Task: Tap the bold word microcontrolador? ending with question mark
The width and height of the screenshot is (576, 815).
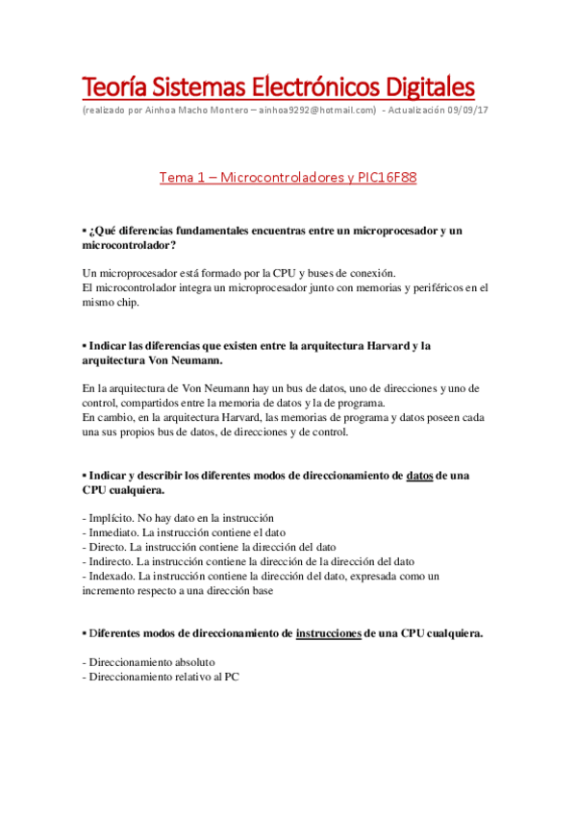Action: [x=137, y=246]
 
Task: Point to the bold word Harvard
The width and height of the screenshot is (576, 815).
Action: [x=384, y=345]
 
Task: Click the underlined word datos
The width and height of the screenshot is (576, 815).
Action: [x=419, y=475]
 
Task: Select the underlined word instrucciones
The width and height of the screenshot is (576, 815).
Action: [x=329, y=632]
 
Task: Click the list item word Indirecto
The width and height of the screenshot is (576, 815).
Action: [x=113, y=561]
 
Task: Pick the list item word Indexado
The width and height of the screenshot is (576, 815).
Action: [x=112, y=576]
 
